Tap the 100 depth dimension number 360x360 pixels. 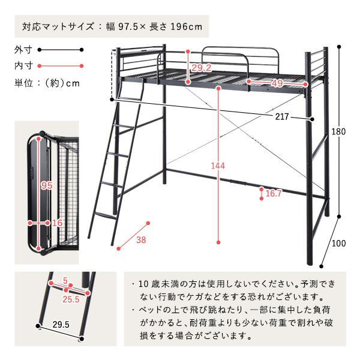coord(339,243)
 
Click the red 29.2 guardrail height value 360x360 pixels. coord(200,68)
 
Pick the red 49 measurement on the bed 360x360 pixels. coord(277,82)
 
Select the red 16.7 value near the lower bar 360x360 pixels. coord(274,193)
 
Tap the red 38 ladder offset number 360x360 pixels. coord(141,241)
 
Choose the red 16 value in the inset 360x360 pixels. coord(58,223)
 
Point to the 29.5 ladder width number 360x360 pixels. coord(61,324)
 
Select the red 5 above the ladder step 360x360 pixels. coord(65,280)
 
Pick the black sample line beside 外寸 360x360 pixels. coord(61,50)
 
